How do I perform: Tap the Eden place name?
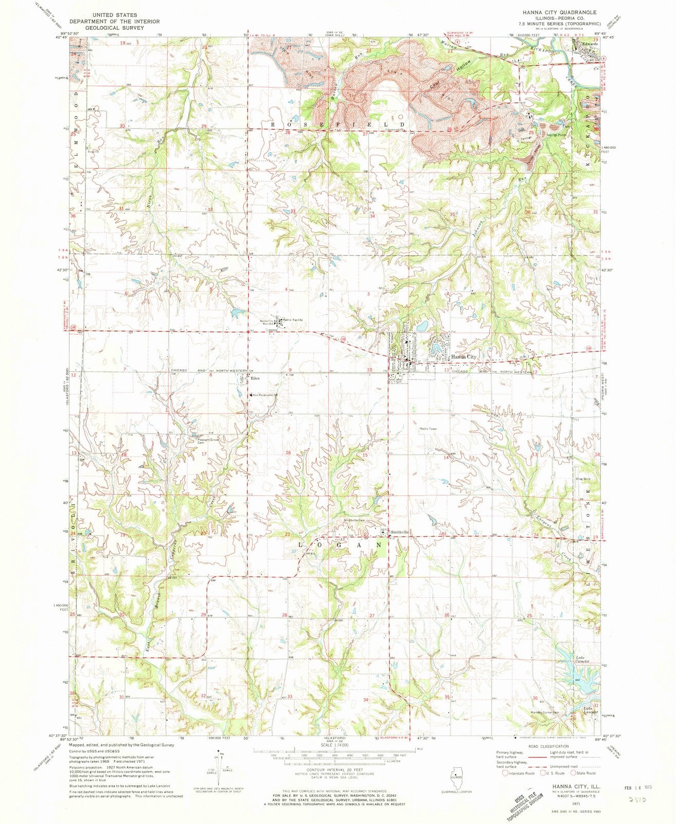pos(254,379)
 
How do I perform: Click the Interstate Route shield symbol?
pos(507,773)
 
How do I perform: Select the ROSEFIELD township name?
pos(337,125)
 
